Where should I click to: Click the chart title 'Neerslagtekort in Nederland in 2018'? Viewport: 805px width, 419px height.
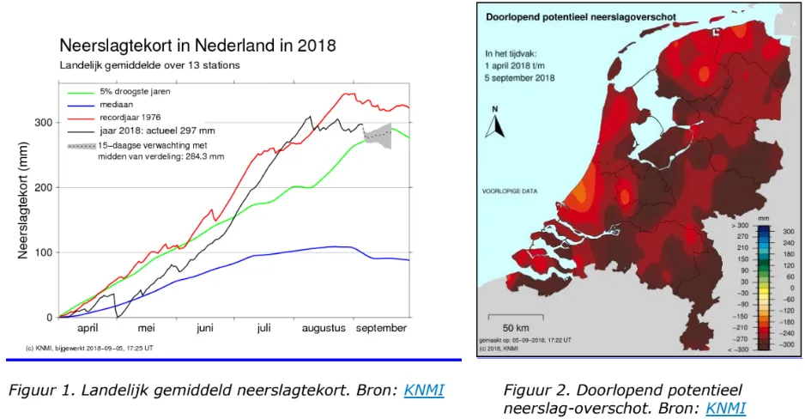[x=197, y=45]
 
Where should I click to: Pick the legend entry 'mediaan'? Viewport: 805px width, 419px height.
[x=117, y=103]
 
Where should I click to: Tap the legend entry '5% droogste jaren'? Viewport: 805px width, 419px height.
[x=135, y=90]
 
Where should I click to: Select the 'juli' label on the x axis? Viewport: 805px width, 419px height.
[x=263, y=328]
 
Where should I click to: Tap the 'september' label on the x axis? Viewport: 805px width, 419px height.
[x=381, y=328]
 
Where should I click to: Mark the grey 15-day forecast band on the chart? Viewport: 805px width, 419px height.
[x=378, y=134]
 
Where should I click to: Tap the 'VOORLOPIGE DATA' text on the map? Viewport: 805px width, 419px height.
[x=508, y=191]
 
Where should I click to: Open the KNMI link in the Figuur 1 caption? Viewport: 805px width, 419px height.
[x=425, y=391]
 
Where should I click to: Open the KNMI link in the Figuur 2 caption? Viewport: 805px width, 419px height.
[x=724, y=408]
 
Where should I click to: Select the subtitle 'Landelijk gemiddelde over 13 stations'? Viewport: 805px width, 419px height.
[x=149, y=65]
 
